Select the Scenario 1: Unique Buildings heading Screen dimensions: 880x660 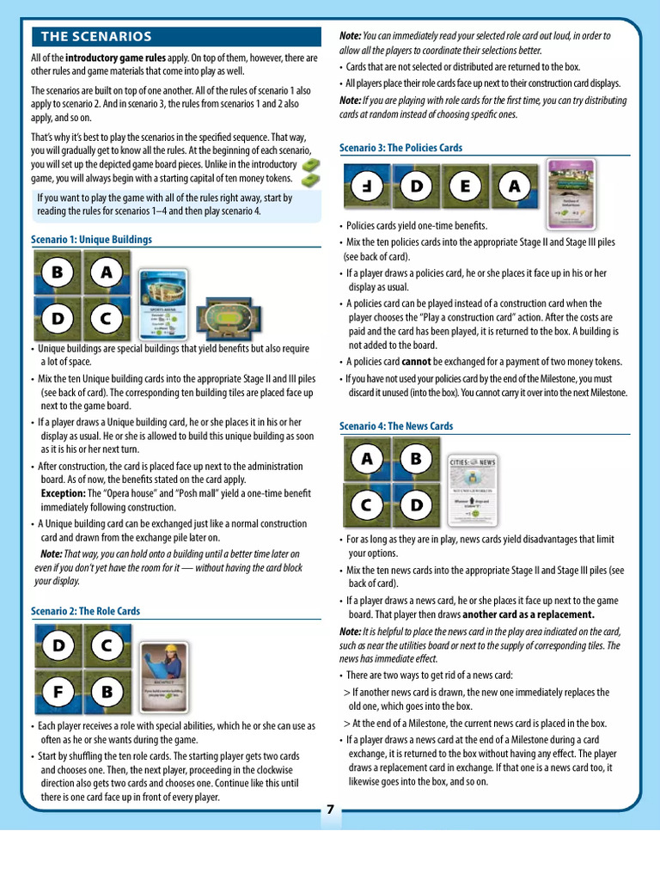pyautogui.click(x=91, y=239)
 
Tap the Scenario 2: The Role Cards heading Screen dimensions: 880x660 pyautogui.click(x=85, y=611)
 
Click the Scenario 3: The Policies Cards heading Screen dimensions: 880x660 pyautogui.click(x=401, y=148)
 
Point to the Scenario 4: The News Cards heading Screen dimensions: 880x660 pyautogui.click(x=395, y=426)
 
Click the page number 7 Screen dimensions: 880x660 pyautogui.click(x=330, y=810)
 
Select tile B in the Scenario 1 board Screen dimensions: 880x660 pyautogui.click(x=58, y=273)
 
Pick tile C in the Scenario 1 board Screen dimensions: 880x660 pyautogui.click(x=106, y=319)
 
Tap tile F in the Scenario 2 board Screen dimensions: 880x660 pyautogui.click(x=58, y=691)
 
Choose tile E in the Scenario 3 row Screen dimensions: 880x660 pyautogui.click(x=465, y=186)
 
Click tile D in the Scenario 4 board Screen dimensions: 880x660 pyautogui.click(x=417, y=504)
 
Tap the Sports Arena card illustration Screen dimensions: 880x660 pyautogui.click(x=164, y=301)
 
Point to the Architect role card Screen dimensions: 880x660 pyautogui.click(x=165, y=678)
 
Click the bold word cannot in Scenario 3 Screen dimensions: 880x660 pyautogui.click(x=416, y=361)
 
